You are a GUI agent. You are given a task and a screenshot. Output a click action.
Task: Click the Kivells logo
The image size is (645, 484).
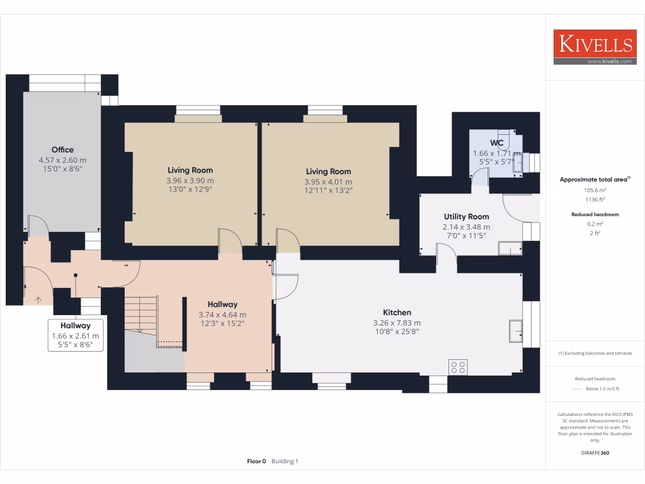coord(595,47)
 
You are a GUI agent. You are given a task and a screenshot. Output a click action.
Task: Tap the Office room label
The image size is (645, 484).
coord(62,150)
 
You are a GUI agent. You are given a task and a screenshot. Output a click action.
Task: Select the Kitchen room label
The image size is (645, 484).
coord(397,313)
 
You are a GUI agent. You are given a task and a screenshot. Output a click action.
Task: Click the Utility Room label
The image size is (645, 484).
coord(466,216)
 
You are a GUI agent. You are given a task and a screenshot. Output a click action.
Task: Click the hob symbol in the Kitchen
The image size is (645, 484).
coord(457,367)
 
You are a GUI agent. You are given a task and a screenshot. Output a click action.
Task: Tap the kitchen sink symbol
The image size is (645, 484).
coord(516,330)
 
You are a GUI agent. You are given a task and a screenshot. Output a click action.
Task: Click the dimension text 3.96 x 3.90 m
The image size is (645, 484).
coord(190,180)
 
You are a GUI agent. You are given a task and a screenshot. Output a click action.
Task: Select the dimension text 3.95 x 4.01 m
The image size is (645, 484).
coord(328,181)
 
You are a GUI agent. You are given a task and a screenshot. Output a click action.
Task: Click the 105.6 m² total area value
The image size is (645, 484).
coord(595,190)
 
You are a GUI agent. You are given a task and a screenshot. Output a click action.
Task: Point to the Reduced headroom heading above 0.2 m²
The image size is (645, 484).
coord(595,214)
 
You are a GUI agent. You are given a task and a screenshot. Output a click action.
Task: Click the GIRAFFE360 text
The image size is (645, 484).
coord(595,452)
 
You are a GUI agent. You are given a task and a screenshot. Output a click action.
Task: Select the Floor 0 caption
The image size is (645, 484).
coord(256,461)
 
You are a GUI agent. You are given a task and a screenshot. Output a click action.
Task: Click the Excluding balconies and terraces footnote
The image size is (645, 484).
coord(595,354)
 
